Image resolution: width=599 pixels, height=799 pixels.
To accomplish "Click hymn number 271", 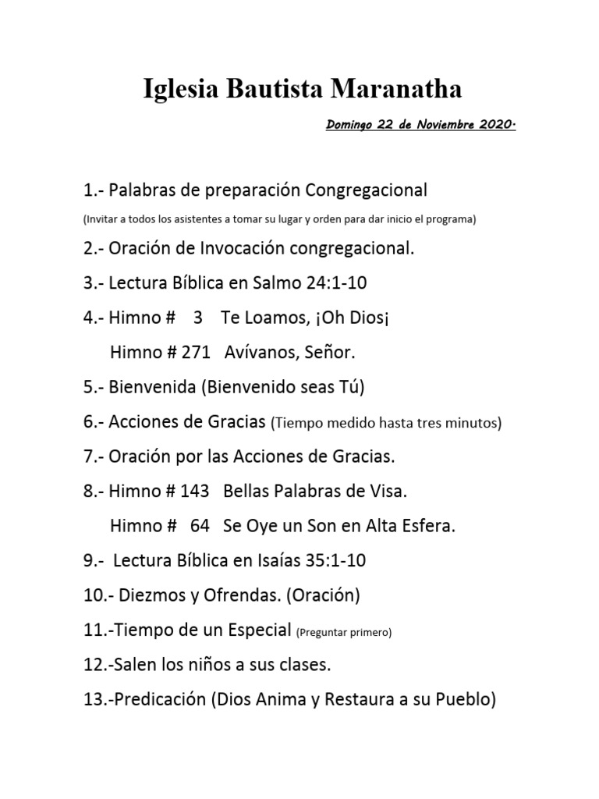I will tap(195, 353).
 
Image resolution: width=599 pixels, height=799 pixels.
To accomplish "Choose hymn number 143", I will tap(194, 491).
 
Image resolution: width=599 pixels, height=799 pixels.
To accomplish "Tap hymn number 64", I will tap(200, 526).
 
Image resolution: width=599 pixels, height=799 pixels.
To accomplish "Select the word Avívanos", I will tap(258, 353).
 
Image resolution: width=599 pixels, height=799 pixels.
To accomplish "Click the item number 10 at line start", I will tap(91, 595).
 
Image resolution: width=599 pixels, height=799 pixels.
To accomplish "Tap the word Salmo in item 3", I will tap(278, 284).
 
